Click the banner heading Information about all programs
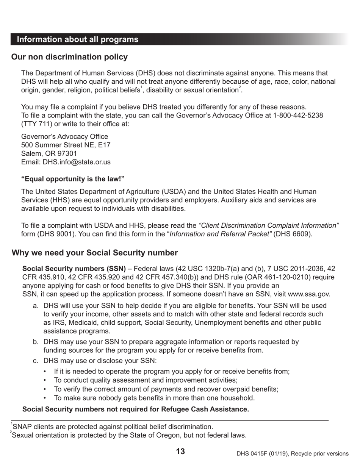78,40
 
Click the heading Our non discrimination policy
69,57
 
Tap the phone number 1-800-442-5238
298,115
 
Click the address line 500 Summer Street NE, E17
66,145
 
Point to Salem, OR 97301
49,153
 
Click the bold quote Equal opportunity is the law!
73,179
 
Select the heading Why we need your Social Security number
95,253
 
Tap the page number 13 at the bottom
180,451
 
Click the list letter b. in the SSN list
36,342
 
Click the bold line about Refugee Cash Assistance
136,409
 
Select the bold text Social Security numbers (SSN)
74,269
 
